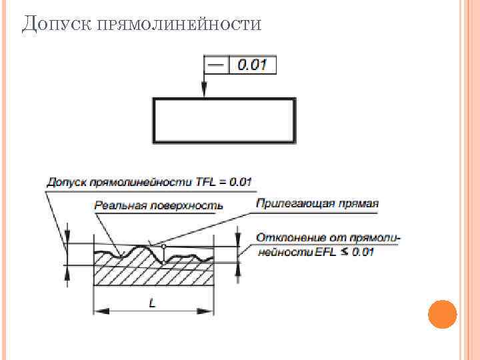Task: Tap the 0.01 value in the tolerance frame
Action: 252,65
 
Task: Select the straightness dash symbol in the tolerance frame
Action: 215,65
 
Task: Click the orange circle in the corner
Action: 441,314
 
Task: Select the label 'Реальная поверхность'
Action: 159,205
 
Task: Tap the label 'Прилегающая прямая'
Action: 317,204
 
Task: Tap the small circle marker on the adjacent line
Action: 163,247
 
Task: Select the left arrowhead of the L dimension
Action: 98,311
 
